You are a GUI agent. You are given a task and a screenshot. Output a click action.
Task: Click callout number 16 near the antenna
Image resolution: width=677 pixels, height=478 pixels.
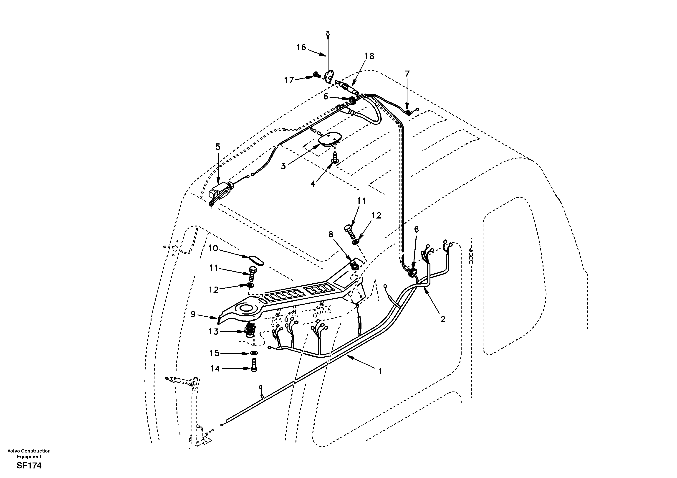(x=301, y=47)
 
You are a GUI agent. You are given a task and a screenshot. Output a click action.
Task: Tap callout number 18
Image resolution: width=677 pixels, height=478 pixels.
(x=369, y=56)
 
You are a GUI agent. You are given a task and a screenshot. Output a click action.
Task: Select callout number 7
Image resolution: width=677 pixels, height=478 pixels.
(x=407, y=74)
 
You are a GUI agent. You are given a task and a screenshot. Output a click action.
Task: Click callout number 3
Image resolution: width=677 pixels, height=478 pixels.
(x=283, y=166)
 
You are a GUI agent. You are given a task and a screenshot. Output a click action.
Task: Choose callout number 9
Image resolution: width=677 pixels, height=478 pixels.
(x=193, y=314)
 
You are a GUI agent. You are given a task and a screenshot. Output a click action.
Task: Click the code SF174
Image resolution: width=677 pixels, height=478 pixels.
(x=29, y=466)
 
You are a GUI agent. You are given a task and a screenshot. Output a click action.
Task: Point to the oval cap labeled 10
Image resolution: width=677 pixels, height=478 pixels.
(x=256, y=261)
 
